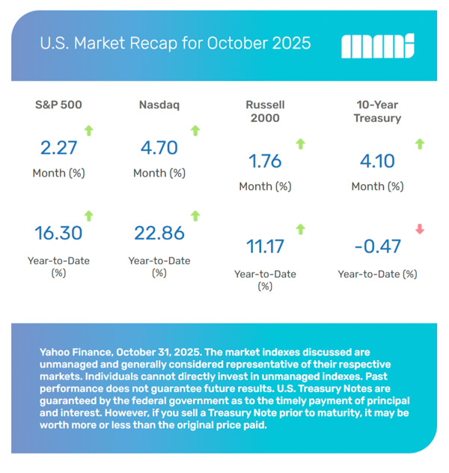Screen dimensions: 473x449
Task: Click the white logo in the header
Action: (378, 46)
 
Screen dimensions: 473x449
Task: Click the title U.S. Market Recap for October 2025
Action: (175, 43)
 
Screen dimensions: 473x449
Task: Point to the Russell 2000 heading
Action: (265, 112)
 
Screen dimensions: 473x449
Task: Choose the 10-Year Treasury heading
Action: (378, 112)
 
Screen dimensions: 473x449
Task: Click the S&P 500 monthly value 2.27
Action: (58, 148)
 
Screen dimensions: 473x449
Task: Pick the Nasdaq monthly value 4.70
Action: (159, 148)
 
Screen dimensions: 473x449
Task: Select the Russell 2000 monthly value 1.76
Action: (265, 161)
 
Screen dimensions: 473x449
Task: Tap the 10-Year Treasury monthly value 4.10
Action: (378, 161)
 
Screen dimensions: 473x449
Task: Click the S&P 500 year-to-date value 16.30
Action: (58, 234)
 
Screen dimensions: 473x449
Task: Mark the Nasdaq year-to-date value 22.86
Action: (159, 234)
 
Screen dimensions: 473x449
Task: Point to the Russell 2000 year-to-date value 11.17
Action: (265, 246)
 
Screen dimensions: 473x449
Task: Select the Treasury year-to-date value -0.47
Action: (378, 246)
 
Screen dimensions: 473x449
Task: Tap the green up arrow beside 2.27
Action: (88, 131)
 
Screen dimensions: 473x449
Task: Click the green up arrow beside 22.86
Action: (196, 216)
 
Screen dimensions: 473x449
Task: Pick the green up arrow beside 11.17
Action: (301, 229)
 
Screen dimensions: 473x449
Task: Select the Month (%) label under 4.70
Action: (159, 173)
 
